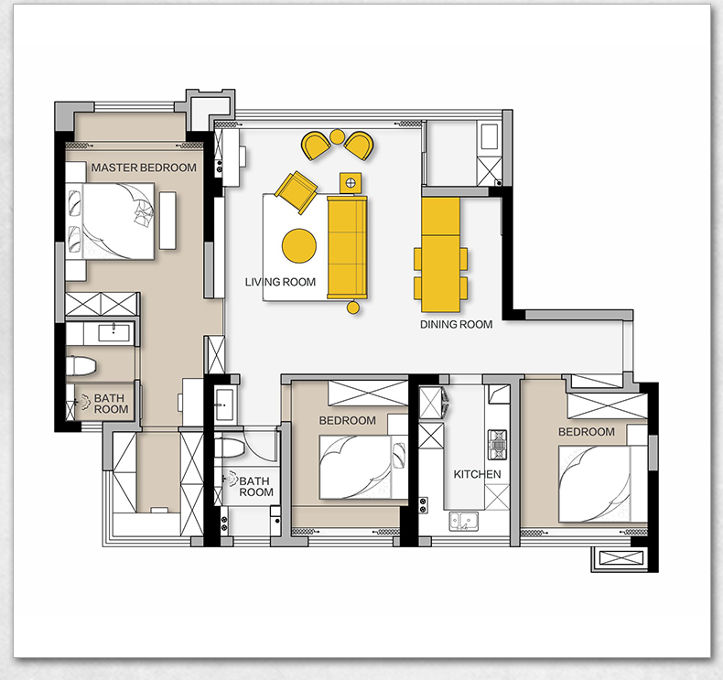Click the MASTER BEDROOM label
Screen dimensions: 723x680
pos(144,167)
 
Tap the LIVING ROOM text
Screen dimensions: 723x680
pos(280,282)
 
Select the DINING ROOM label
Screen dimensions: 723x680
pos(456,325)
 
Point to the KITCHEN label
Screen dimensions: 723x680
pos(477,474)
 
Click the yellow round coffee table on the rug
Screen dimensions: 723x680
pos(299,245)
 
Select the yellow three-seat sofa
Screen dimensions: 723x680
pos(347,247)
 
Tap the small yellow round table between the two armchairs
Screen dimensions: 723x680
pos(337,136)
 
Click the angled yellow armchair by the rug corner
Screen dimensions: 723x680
pos(296,192)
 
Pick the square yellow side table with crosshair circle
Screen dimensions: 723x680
pos(351,183)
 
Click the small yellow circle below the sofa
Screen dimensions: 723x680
pos(353,307)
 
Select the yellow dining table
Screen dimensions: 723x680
pos(441,255)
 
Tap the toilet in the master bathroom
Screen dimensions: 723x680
pos(81,366)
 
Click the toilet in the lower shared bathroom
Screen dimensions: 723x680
pos(229,448)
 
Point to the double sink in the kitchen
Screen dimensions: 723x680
pos(464,521)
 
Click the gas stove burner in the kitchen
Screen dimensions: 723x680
pos(498,445)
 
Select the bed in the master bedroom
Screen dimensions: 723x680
pos(110,221)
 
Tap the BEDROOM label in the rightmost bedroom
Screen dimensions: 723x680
pos(587,432)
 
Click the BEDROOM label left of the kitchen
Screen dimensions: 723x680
pos(347,420)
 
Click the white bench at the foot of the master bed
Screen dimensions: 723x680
pos(167,221)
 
